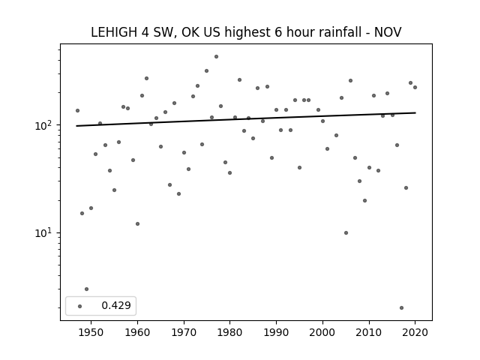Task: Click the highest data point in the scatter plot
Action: point(216,57)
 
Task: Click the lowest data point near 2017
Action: point(402,308)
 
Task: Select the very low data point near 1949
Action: point(87,289)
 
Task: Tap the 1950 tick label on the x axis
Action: point(91,332)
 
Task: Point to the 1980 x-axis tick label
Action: point(229,332)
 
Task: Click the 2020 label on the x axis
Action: point(415,332)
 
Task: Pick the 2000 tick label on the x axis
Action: point(322,332)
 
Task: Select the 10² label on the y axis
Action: point(45,125)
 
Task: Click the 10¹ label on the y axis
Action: point(45,233)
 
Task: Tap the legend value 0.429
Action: point(116,305)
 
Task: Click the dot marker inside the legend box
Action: point(80,307)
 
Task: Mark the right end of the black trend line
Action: point(415,113)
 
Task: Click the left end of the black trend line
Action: point(76,126)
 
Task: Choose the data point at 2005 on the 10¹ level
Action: point(346,233)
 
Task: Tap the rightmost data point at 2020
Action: point(415,88)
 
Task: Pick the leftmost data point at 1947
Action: point(77,110)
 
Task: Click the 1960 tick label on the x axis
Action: point(137,332)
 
